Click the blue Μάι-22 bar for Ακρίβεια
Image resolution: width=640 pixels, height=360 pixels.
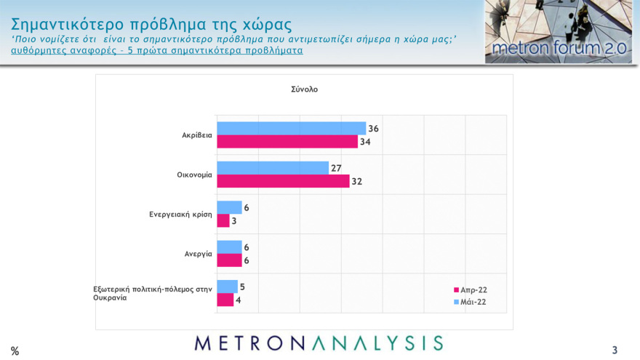tap(291, 128)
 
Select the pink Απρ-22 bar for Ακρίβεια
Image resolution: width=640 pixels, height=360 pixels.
tap(287, 141)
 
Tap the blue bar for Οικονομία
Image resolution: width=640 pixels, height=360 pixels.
tap(273, 168)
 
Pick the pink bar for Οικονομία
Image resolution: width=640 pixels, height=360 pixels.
tap(283, 181)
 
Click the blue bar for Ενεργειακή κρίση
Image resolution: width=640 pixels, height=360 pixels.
tap(229, 207)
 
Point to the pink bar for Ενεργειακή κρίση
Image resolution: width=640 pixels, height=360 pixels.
tap(223, 220)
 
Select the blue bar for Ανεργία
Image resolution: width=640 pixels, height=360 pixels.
tap(229, 247)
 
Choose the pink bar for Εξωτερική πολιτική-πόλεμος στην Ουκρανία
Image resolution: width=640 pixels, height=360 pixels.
tap(225, 300)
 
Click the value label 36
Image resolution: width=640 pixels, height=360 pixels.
tap(373, 129)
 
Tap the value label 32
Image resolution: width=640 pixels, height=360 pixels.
tap(356, 182)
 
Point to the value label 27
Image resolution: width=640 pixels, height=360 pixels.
tap(336, 168)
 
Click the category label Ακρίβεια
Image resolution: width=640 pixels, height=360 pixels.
tap(197, 135)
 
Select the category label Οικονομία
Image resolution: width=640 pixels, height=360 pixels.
tap(194, 175)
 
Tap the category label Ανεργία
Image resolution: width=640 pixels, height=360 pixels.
tap(198, 254)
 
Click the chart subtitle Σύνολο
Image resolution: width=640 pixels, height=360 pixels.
tap(304, 89)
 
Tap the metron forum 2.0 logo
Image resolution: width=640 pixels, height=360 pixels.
tap(559, 32)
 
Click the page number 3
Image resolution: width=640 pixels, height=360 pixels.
tap(615, 350)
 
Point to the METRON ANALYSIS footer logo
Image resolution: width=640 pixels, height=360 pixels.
tap(319, 343)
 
